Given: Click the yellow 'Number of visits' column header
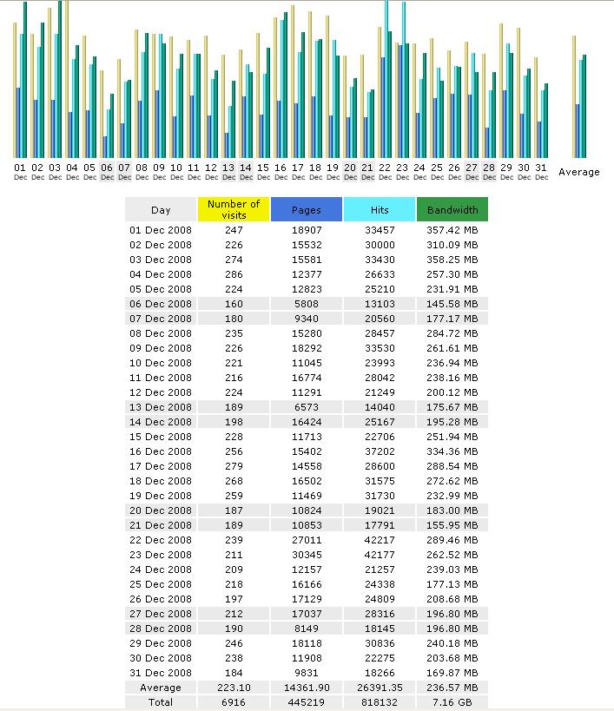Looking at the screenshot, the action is (x=234, y=209).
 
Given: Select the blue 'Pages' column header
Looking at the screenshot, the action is (x=307, y=209).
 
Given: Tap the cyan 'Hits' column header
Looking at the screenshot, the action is (x=380, y=209).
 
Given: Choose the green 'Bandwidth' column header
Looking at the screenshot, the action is (x=452, y=209).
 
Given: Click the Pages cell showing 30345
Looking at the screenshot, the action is (x=307, y=555).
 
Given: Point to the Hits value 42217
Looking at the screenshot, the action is (x=380, y=540).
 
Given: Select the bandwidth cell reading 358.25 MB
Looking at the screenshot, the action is (x=452, y=260).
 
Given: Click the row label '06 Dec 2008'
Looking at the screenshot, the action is (x=161, y=304).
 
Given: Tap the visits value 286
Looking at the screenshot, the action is (x=234, y=274).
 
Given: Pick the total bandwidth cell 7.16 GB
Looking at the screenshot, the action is (x=452, y=702).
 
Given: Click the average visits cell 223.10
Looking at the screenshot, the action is (x=234, y=688).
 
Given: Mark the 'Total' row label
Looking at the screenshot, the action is (x=161, y=702).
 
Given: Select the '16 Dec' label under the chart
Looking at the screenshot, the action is (x=281, y=172).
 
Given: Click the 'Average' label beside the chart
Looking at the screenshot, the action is (x=579, y=172).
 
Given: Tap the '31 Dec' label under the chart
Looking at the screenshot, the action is (x=541, y=172).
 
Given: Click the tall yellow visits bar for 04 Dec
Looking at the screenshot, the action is (x=67, y=79).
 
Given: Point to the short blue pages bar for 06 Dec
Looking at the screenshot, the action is (x=106, y=147).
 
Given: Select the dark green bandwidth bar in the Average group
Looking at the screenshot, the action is (x=584, y=106).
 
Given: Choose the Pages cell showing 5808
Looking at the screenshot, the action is (x=307, y=304).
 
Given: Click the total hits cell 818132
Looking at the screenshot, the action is (x=380, y=702).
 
